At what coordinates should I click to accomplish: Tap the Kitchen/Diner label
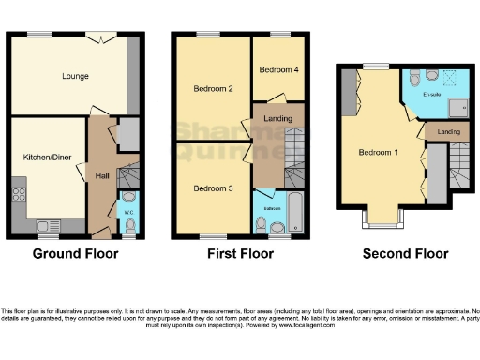42,158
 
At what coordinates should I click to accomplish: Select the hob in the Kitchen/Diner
18,196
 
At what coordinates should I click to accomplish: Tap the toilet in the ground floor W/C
128,201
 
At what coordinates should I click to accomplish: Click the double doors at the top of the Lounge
98,37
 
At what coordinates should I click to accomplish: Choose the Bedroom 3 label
212,187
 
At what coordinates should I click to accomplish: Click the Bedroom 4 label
277,69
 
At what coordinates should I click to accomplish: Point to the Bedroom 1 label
376,152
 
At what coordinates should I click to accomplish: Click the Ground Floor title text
72,253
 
